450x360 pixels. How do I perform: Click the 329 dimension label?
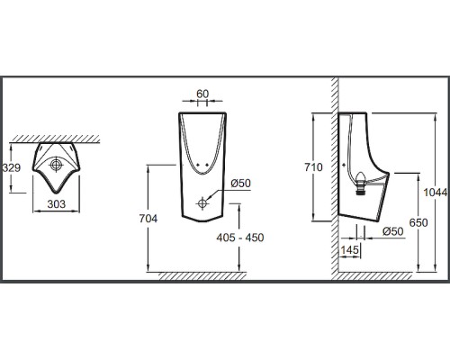(12, 167)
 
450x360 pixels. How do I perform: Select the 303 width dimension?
(56, 204)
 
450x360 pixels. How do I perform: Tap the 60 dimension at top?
(202, 94)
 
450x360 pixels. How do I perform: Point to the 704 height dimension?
(148, 219)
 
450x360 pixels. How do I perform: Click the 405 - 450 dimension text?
(240, 238)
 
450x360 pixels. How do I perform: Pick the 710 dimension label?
(313, 167)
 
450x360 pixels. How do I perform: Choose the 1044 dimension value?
(436, 193)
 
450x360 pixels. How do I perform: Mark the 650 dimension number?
(418, 223)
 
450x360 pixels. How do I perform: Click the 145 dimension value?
(350, 249)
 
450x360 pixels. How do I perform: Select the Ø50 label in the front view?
(240, 184)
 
